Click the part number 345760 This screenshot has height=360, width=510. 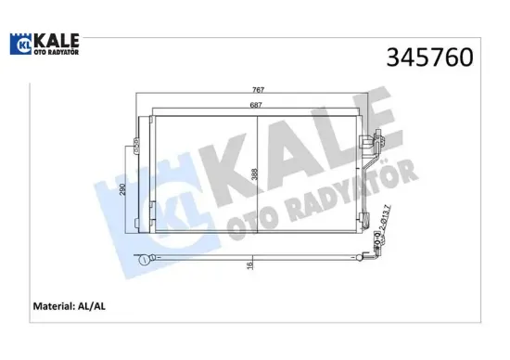429,58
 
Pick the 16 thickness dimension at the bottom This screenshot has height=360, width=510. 250,265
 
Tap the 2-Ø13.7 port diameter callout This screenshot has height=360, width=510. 383,224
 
